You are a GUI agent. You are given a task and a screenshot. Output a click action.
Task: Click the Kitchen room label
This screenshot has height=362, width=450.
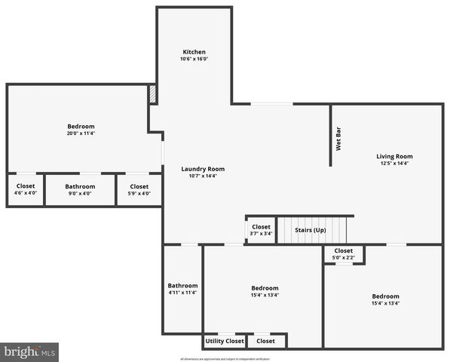click(x=194, y=52)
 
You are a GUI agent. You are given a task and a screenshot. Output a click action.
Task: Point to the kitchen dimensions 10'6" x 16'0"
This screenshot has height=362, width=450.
click(x=194, y=59)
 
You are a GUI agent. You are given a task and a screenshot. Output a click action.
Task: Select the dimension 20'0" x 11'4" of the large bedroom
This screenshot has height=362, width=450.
click(x=81, y=133)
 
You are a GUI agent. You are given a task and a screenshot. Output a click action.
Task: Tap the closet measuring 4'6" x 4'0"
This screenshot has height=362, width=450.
click(x=26, y=189)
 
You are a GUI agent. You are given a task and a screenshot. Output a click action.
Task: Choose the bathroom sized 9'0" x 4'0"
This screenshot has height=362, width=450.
click(x=80, y=189)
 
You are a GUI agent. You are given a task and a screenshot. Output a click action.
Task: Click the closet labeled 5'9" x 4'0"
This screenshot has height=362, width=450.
click(x=139, y=189)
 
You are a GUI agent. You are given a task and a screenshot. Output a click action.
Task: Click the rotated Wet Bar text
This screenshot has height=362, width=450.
click(x=338, y=143)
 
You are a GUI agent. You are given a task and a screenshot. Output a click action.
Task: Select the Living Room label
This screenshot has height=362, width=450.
click(x=394, y=156)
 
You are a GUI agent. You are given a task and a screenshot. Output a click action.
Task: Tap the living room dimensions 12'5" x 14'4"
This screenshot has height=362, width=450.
click(x=394, y=163)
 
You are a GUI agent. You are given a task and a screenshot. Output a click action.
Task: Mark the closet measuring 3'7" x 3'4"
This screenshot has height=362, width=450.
click(x=261, y=230)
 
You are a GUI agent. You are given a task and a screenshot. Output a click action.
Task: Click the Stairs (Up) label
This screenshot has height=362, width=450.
click(x=309, y=229)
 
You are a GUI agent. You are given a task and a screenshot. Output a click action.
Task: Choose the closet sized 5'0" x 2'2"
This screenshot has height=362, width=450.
click(x=343, y=254)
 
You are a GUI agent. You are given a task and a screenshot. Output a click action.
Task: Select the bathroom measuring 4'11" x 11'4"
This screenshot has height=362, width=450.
click(x=182, y=289)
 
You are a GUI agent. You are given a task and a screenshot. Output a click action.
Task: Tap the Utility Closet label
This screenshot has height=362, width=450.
click(x=225, y=341)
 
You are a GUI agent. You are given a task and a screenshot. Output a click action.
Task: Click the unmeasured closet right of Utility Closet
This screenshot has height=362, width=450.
click(x=265, y=341)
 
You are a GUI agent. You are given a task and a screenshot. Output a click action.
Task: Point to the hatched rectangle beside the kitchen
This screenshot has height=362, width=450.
click(x=152, y=94)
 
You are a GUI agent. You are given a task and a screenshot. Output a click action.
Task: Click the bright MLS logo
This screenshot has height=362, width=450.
click(x=30, y=352)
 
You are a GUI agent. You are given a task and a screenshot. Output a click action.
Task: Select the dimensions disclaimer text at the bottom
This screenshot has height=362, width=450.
click(x=225, y=358)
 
